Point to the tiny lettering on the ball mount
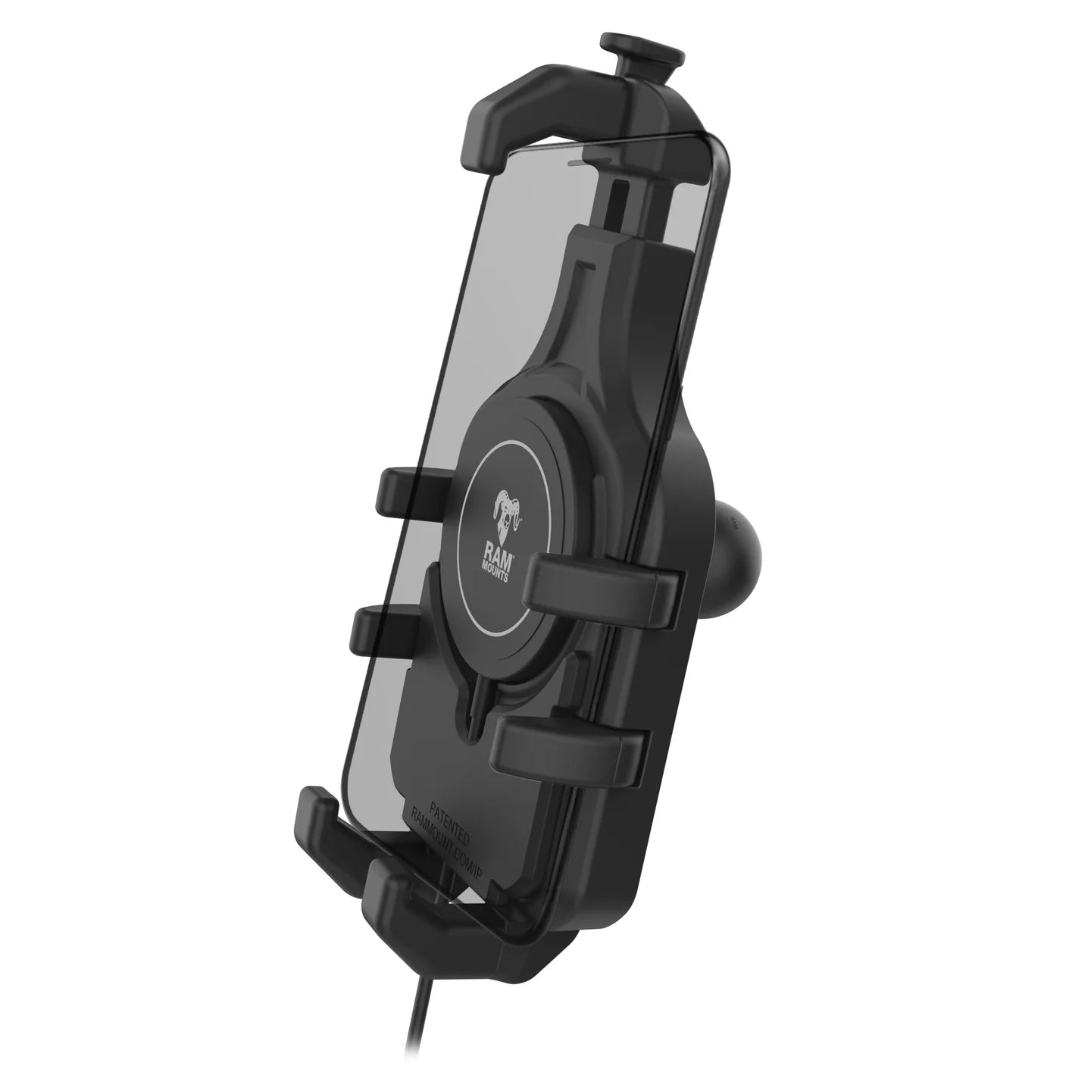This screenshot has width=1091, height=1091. tap(734, 521)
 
